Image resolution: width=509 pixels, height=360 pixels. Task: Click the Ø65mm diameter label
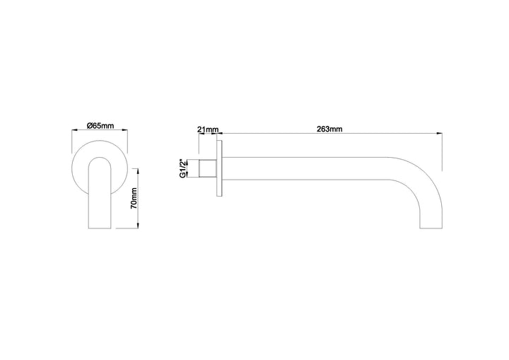100,125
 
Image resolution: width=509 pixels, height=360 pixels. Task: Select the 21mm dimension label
208,130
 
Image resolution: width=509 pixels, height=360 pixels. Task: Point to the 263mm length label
329,129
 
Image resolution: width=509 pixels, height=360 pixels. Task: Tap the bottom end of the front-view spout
99,228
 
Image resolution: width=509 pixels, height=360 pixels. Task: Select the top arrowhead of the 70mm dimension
137,170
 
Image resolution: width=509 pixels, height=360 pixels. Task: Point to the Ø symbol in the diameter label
88,125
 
